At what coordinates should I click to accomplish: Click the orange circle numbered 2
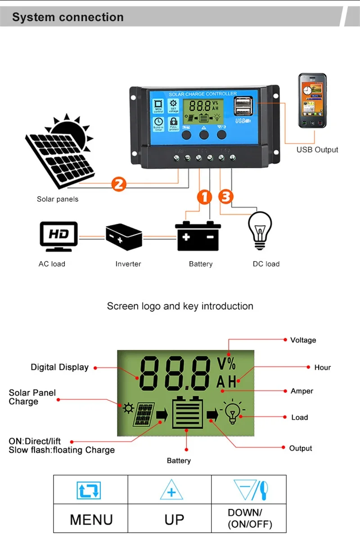point(119,183)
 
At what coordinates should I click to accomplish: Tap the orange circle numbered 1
point(205,197)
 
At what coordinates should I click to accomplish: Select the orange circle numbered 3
point(226,197)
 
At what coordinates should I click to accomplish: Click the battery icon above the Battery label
point(198,236)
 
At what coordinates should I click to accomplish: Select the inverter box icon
point(124,236)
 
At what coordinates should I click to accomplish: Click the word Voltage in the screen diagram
point(303,340)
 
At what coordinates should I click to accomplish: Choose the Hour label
point(322,367)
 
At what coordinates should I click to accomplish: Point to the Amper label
point(301,391)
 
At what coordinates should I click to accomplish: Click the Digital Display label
point(59,367)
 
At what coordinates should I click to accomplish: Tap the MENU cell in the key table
point(91,519)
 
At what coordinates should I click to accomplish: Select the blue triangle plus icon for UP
point(171,490)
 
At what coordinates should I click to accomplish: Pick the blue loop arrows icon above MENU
point(89,490)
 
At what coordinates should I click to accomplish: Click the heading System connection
point(67,18)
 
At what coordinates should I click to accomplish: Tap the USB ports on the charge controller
point(243,108)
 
